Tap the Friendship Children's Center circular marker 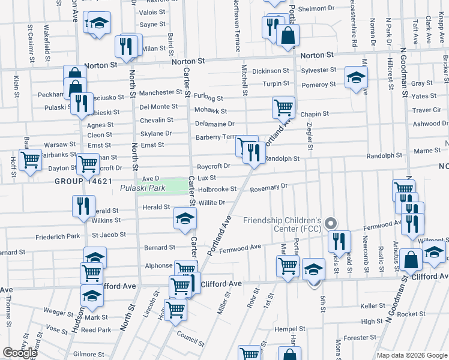(x=330, y=224)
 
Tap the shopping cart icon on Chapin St (x=283, y=108)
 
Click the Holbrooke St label (x=218, y=189)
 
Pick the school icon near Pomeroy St (x=356, y=77)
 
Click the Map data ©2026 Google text (x=412, y=355)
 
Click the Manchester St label (x=160, y=92)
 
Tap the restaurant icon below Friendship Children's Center (x=339, y=241)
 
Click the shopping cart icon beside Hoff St (x=30, y=160)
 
